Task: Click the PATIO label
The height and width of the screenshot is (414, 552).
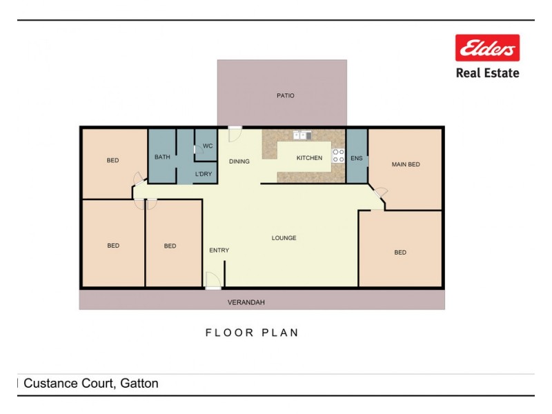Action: pos(285,96)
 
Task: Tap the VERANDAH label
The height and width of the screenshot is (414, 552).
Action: pos(246,302)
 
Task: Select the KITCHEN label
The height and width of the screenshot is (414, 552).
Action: pos(309,158)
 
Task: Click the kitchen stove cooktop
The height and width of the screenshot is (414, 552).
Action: pos(338,155)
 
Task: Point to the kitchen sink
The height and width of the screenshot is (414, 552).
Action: pos(302,135)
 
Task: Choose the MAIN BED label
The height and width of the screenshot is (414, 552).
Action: pos(406,164)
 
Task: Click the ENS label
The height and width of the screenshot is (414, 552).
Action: pos(356,158)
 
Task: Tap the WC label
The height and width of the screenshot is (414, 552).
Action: pos(207,146)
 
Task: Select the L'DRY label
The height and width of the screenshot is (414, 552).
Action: pos(204,174)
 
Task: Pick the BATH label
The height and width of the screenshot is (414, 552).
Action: pos(162,157)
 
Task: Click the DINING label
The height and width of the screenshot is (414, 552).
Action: pos(239,161)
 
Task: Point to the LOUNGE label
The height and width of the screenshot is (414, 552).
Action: pos(284,238)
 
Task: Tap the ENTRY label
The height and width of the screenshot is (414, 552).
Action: pos(219,250)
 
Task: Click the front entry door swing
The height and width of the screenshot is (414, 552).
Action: pos(213,279)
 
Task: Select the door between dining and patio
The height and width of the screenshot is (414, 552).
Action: pos(235,130)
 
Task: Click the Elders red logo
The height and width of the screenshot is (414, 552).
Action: pos(487,48)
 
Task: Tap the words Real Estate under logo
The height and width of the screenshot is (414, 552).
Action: pos(487,72)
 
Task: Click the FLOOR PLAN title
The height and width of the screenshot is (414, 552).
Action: pos(252,333)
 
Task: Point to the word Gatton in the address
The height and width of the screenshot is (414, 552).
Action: pos(137,384)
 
